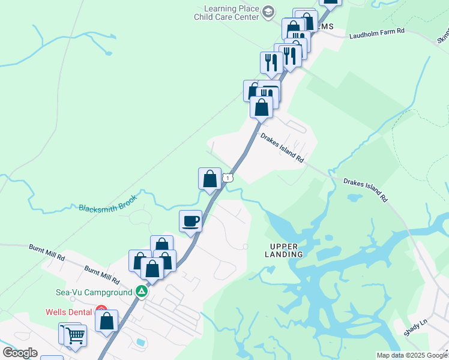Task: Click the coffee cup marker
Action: pos(191,221)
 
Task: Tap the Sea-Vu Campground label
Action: pos(94,292)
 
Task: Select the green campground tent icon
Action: pos(141,292)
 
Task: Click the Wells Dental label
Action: pos(69,312)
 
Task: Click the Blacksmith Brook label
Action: pos(108,203)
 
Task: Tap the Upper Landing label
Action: pos(286,250)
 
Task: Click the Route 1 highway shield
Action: pos(228,178)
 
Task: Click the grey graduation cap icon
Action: pos(268,11)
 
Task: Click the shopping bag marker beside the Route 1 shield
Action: pos(209,179)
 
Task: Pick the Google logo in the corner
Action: pos(20,352)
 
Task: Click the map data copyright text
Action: pos(412,355)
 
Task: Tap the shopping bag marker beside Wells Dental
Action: pos(107,320)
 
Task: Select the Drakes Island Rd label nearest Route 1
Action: pos(282,147)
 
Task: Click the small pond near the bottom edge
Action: pos(140,343)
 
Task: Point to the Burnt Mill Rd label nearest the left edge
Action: pos(46,251)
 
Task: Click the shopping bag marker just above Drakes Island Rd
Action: pos(261,107)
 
